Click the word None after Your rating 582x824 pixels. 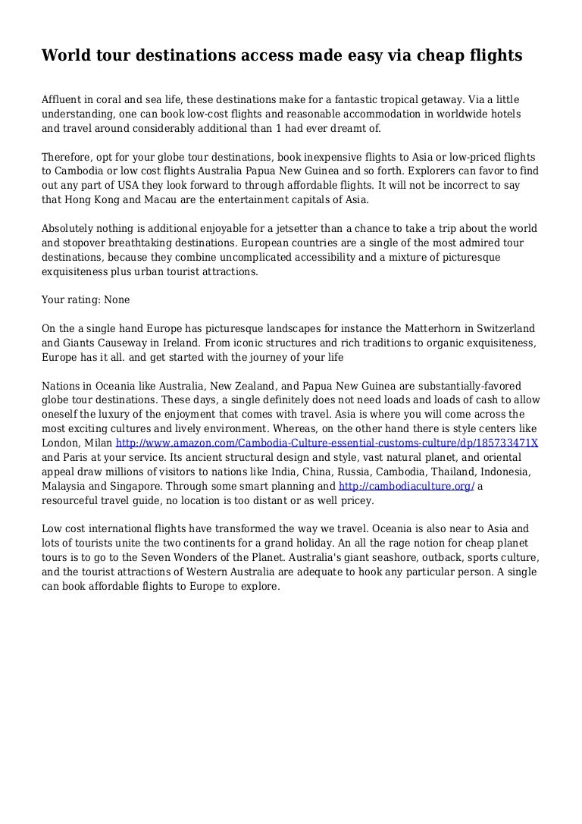117,300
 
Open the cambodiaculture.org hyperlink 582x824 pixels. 406,487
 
